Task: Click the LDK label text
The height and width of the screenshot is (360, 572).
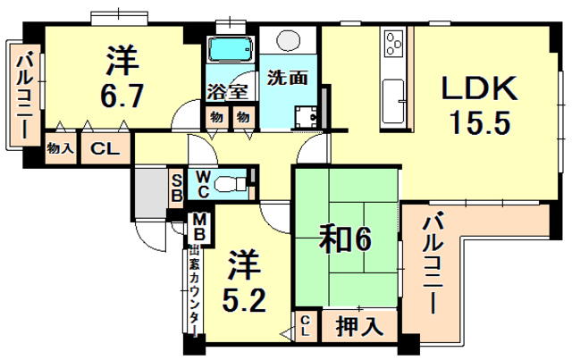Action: tap(476, 89)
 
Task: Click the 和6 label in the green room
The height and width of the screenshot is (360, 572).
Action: tap(345, 237)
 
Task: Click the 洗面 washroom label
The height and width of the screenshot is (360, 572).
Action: tap(287, 77)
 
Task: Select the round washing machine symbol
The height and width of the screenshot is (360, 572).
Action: tap(290, 41)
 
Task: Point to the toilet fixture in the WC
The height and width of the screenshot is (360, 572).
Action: tap(233, 183)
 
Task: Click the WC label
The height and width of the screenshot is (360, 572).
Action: tap(203, 183)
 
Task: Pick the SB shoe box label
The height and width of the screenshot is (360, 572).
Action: tap(176, 186)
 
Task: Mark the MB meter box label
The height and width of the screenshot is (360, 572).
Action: tap(198, 227)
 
